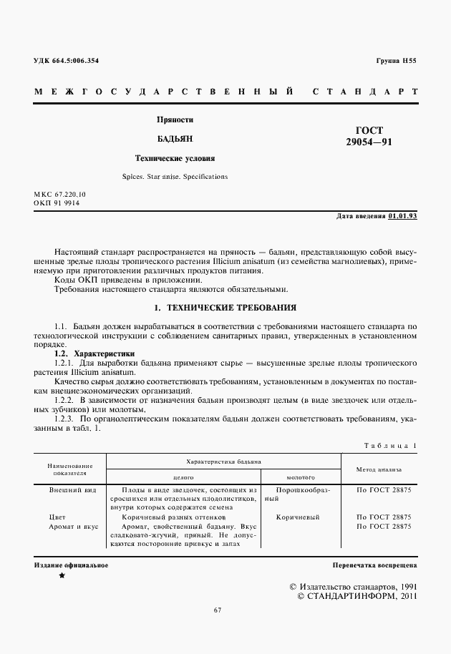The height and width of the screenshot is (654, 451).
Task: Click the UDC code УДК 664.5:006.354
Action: click(x=67, y=61)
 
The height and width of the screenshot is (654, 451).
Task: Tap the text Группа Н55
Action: click(x=396, y=61)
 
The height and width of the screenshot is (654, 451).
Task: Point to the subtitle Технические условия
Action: click(x=175, y=158)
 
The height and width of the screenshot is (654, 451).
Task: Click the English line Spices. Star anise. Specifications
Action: click(x=175, y=176)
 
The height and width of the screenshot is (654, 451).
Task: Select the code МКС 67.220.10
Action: click(x=59, y=195)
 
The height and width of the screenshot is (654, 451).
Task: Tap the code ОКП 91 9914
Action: click(x=57, y=203)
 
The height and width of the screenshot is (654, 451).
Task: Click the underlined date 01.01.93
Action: click(x=402, y=215)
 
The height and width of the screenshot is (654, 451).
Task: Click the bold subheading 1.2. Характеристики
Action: click(x=94, y=354)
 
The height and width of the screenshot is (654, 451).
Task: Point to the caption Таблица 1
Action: click(x=390, y=445)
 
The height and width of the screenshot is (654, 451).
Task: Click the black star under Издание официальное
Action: click(x=62, y=576)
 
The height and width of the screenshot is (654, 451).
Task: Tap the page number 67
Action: click(x=218, y=610)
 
